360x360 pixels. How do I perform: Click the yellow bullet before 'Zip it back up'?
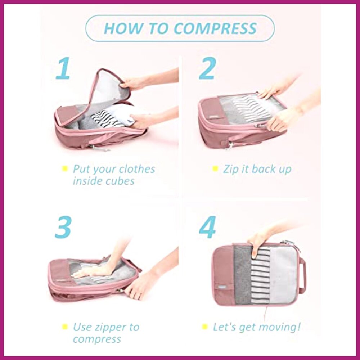pos(215,168)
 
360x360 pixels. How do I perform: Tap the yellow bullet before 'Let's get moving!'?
pos(205,327)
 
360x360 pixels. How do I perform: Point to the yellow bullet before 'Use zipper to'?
pos(65,327)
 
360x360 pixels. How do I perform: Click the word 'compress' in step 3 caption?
pos(97,339)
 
